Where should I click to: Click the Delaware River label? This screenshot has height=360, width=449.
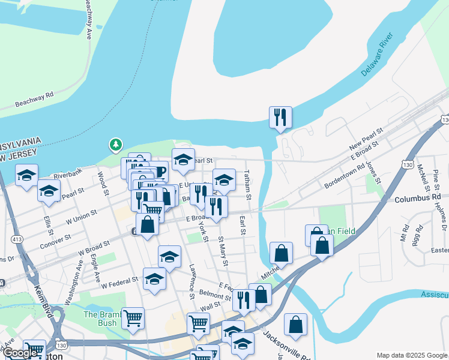pyautogui.click(x=380, y=58)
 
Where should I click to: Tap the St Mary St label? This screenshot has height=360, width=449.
pyautogui.click(x=223, y=248)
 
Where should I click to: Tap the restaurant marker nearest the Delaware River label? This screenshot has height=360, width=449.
pyautogui.click(x=280, y=117)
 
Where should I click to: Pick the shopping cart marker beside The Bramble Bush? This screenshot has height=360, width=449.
pyautogui.click(x=133, y=318)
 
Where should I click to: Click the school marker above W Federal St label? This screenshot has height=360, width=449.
pyautogui.click(x=170, y=256)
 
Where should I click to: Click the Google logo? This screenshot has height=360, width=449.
pyautogui.click(x=20, y=353)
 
